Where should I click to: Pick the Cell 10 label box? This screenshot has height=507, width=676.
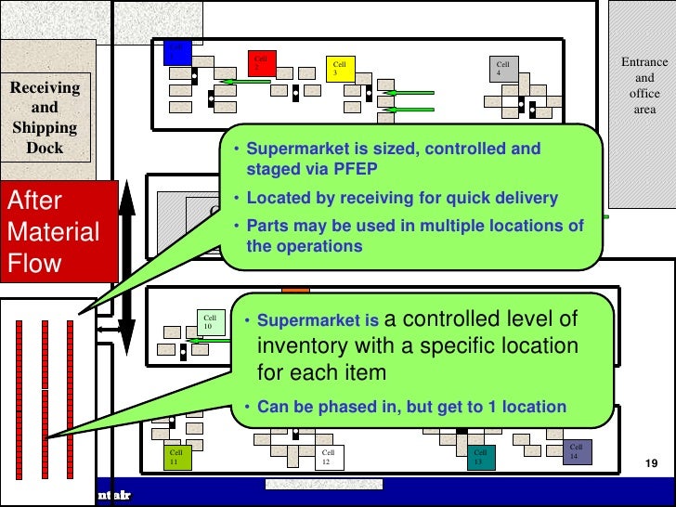pos(213,322)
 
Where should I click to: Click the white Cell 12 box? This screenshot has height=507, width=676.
pos(331,457)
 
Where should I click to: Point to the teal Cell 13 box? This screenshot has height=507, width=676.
pos(483,457)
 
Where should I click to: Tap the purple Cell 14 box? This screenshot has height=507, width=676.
pos(578,451)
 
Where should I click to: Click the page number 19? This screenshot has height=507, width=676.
pos(650,462)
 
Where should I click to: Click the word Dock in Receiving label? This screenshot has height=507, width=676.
pos(45,148)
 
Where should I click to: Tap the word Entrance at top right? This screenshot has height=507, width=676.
pos(644,62)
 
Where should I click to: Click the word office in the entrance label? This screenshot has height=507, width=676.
pos(644,94)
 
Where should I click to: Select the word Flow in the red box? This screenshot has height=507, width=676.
pos(34,262)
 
